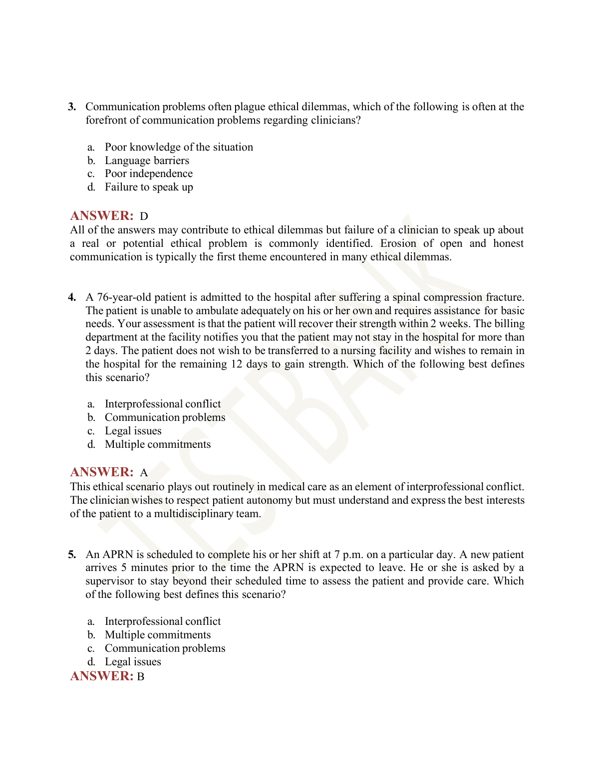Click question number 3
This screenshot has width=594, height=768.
[x=72, y=107]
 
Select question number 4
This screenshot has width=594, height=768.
[x=72, y=298]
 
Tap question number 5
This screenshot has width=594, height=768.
[x=72, y=555]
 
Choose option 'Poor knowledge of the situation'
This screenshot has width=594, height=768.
[x=179, y=147]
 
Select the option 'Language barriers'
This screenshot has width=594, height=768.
[x=147, y=161]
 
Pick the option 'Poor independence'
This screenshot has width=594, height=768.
[x=148, y=174]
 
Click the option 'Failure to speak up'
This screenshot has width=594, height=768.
[x=149, y=187]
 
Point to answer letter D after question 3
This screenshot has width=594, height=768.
[x=144, y=216]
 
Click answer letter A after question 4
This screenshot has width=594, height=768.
[x=144, y=473]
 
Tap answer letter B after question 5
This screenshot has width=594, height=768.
[x=141, y=677]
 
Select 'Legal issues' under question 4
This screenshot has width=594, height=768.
[x=133, y=431]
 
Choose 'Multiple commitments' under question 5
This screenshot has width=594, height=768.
[x=158, y=635]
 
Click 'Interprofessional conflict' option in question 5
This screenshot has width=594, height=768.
[x=163, y=621]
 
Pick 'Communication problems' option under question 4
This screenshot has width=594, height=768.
[x=165, y=417]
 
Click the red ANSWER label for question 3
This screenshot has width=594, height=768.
[x=102, y=216]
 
